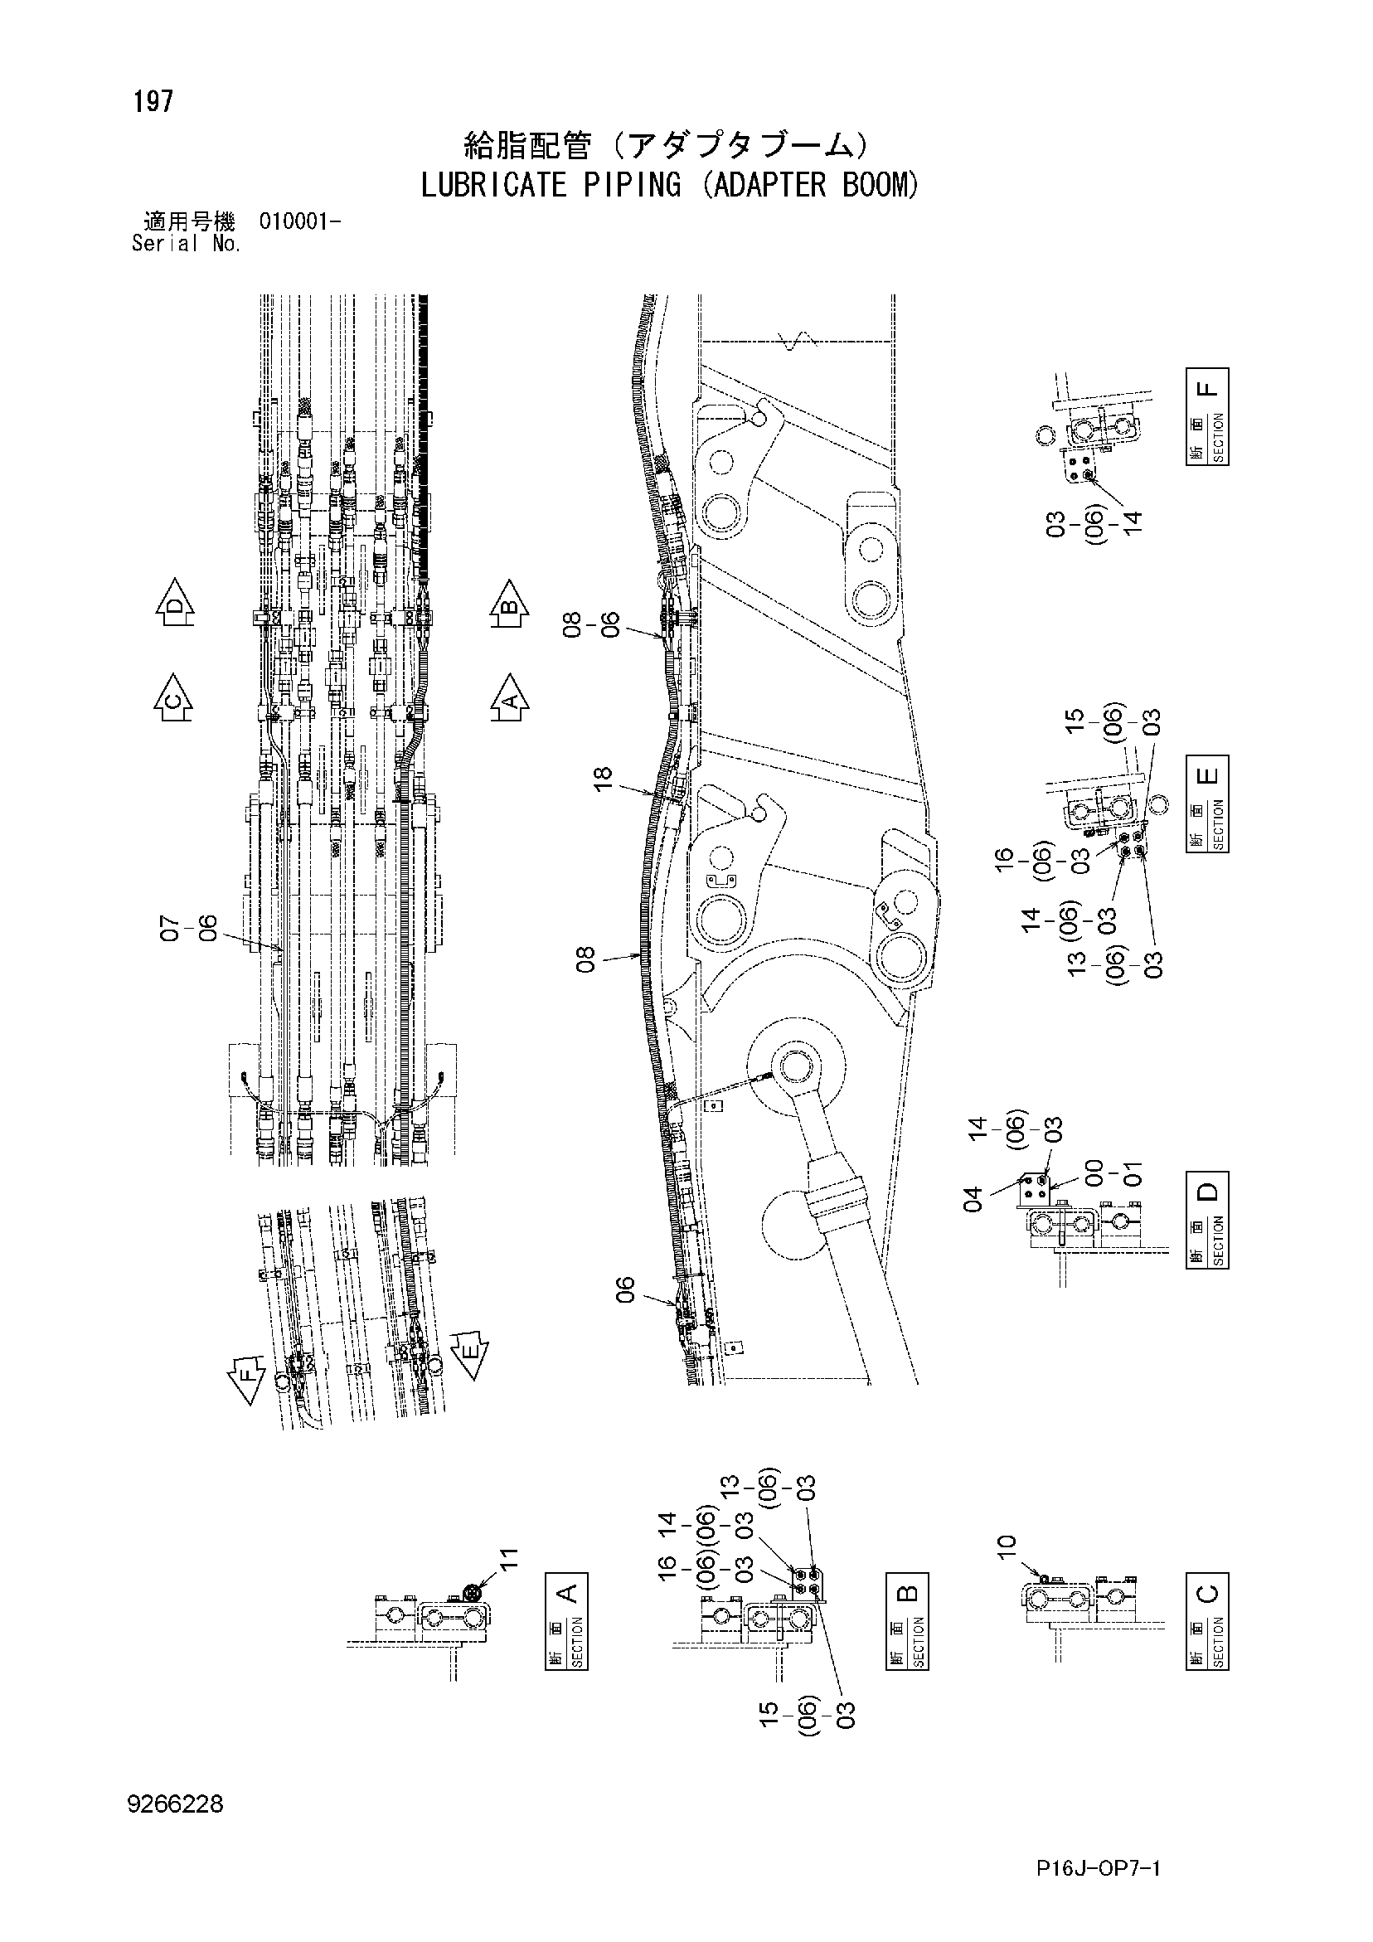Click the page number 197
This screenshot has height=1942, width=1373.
pos(153,102)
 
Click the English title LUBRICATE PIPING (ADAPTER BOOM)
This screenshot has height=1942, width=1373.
pos(669,185)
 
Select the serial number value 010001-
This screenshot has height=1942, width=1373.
pos(300,222)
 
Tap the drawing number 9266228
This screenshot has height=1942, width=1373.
pos(175,1804)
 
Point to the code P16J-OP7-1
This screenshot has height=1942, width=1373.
pos(1098,1868)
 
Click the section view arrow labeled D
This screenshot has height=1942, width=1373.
pos(174,601)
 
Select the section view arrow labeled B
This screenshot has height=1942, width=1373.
pos(509,603)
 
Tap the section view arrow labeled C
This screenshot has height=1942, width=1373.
pos(173,698)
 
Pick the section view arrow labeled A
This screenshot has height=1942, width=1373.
pos(510,698)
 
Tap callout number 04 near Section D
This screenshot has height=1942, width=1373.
pos(974,1199)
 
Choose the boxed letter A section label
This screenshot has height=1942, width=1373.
pos(567,1594)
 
